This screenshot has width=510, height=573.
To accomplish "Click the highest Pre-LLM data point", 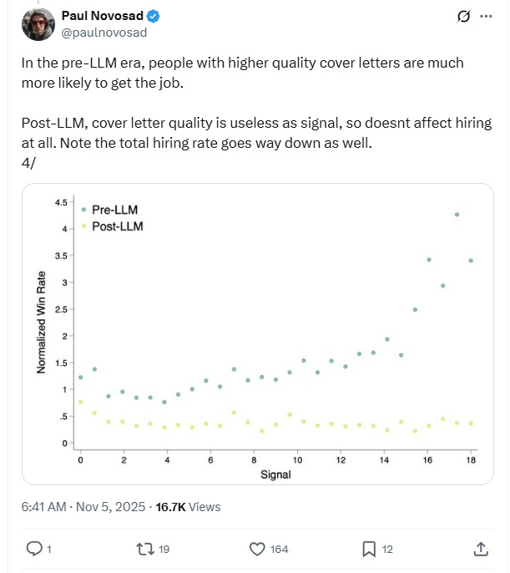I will (x=457, y=215).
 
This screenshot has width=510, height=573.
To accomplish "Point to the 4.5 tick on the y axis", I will (x=61, y=203).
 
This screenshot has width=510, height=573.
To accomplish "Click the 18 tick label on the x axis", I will (x=472, y=460).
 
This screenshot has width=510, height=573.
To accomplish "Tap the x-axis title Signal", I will (x=275, y=475).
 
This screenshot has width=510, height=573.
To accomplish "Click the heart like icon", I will (x=258, y=549).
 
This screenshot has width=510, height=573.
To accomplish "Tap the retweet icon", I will (x=144, y=549).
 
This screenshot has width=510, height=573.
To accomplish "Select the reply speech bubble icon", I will (x=34, y=549).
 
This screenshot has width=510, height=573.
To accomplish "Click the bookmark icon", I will (x=368, y=549).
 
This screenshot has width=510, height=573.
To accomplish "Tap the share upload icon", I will (x=481, y=549).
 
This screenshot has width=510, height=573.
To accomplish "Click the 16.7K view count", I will (x=171, y=506).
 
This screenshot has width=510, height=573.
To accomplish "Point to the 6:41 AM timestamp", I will (x=43, y=506).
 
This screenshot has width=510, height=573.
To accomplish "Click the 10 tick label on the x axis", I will (x=298, y=460).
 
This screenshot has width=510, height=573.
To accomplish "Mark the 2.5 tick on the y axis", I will (x=61, y=310).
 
